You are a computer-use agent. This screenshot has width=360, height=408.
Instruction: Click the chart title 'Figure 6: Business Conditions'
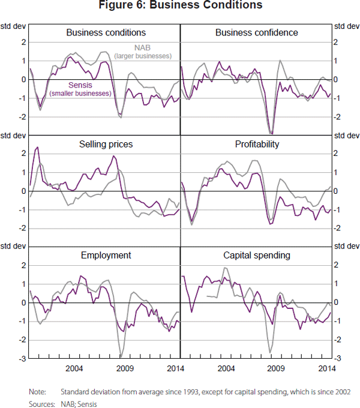180,6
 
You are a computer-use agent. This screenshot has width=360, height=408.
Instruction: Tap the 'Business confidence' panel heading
256,32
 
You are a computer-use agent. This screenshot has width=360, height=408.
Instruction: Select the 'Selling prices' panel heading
106,145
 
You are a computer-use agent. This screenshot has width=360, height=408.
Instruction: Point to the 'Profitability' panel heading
257,145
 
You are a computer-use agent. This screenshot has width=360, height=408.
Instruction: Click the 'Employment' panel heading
106,256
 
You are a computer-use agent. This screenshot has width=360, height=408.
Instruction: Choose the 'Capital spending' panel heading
257,256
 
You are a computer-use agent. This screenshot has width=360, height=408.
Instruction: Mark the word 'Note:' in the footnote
38,392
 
